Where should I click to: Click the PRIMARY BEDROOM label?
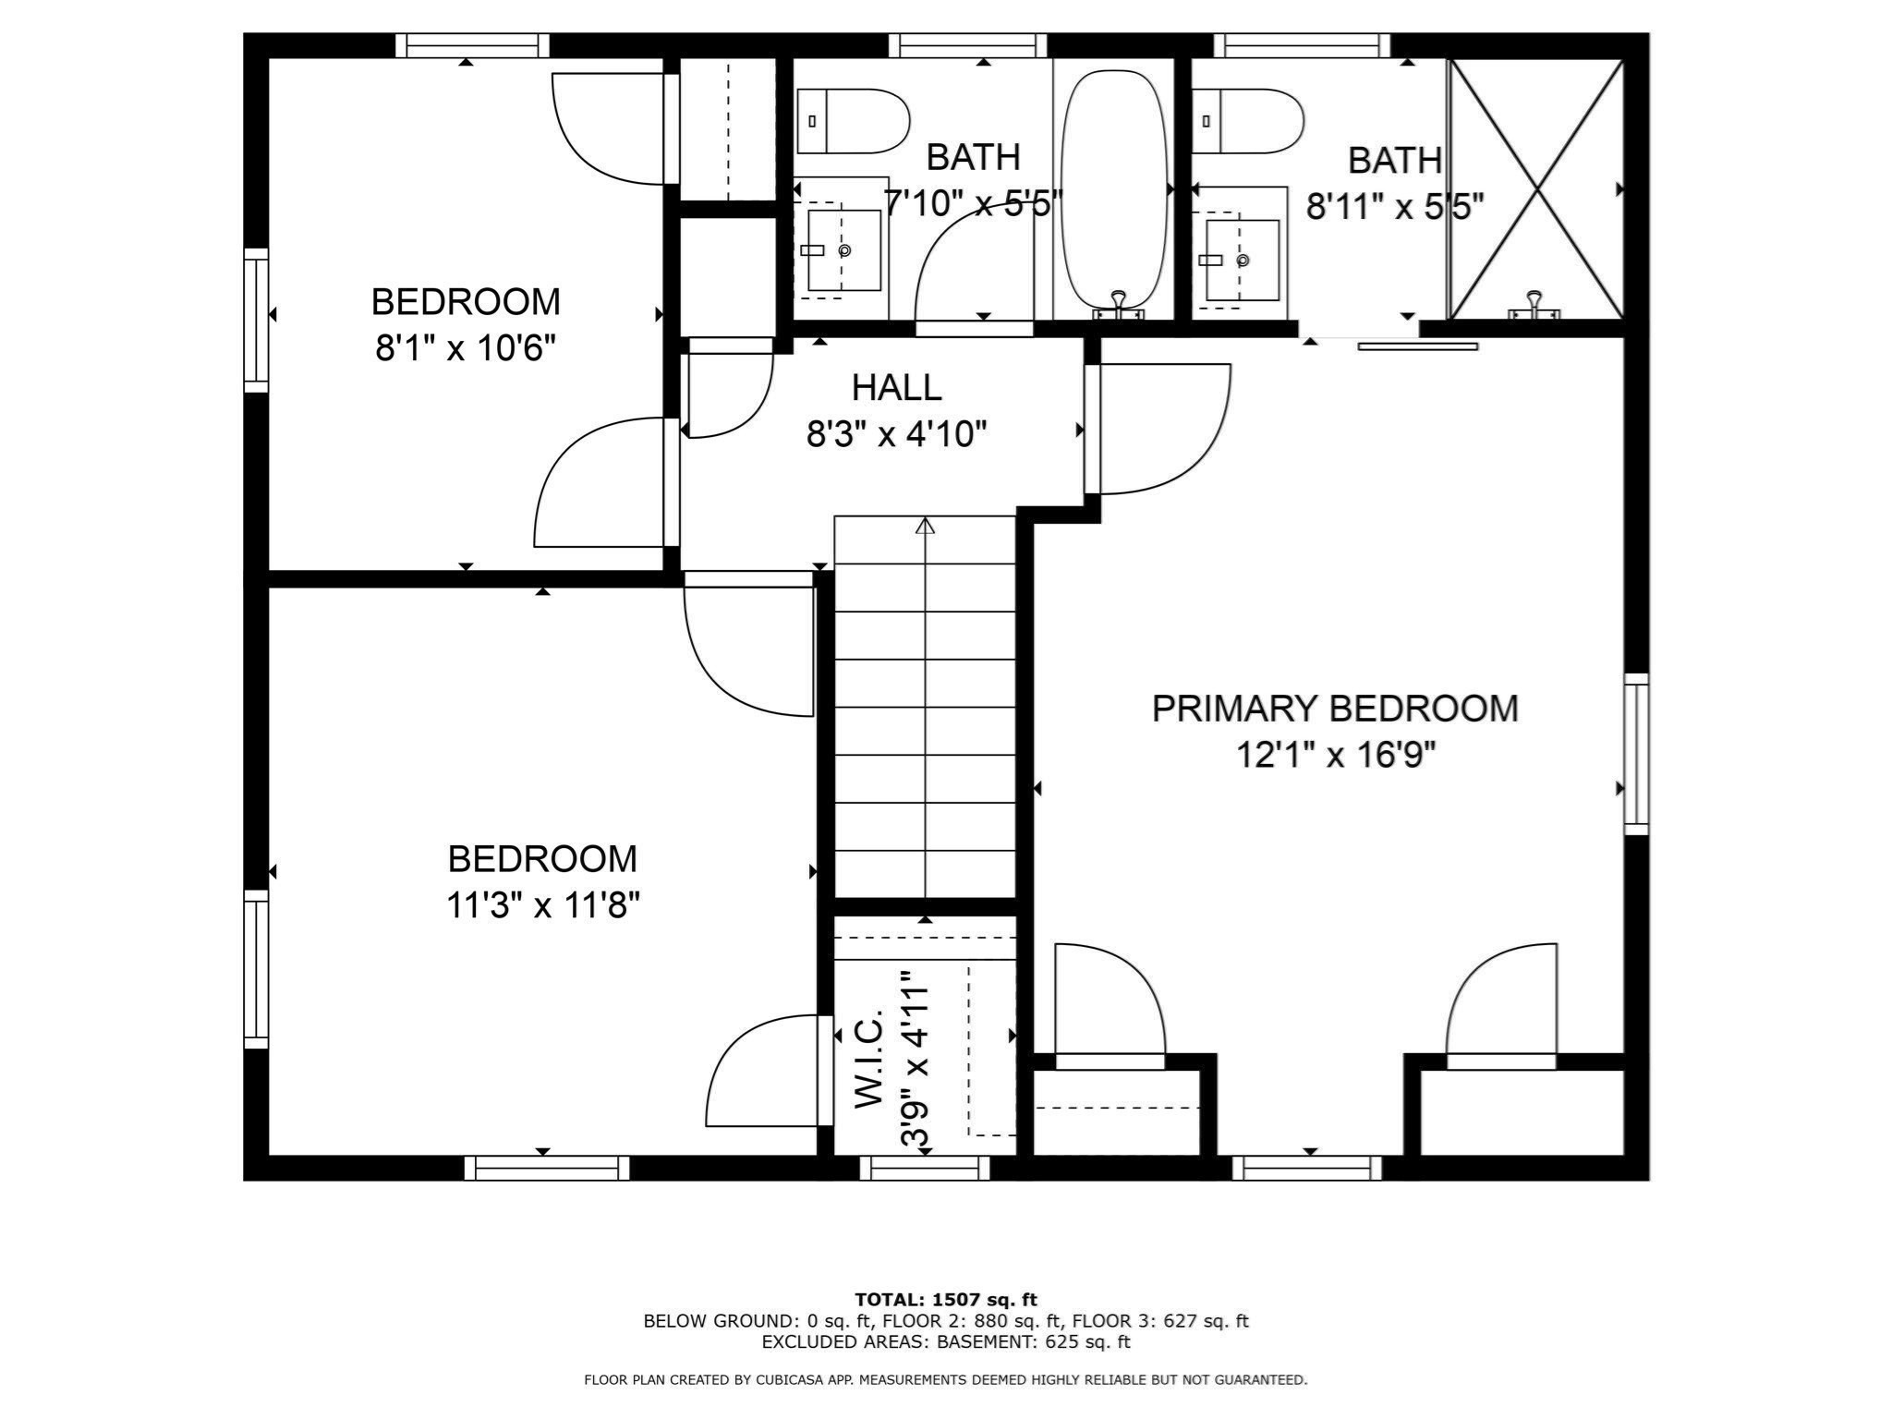pos(1335,709)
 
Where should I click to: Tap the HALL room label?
pos(896,387)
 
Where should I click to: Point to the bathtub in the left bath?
pos(1113,189)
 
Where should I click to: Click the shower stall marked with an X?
pos(1535,189)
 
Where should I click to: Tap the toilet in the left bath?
pos(853,121)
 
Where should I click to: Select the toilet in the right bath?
pos(1247,121)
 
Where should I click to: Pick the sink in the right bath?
pos(1243,261)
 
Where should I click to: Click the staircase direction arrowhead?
pos(925,526)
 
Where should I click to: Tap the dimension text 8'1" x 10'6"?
pos(465,349)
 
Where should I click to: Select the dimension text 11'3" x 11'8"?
pos(542,905)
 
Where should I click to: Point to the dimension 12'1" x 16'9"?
pos(1336,757)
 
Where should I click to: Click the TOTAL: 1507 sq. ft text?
pos(946,1300)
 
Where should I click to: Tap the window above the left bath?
pos(974,45)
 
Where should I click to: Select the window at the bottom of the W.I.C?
pos(925,1168)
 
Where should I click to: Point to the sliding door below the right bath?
pos(1418,346)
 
